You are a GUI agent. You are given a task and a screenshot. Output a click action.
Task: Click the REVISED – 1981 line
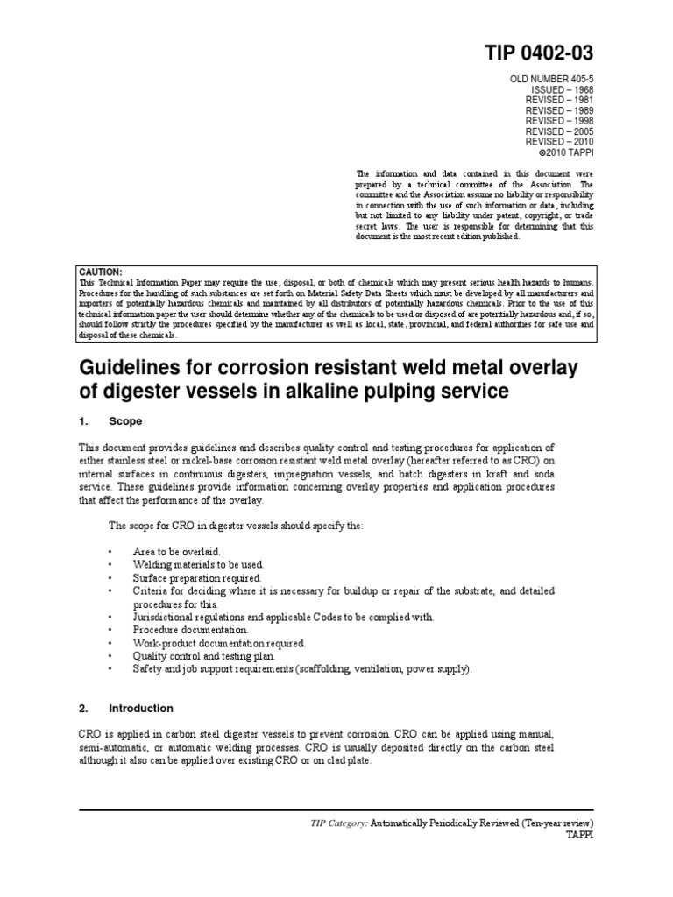click(559, 101)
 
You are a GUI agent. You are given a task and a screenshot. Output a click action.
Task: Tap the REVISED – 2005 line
click(559, 131)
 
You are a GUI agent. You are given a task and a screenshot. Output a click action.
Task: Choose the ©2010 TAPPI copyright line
click(564, 142)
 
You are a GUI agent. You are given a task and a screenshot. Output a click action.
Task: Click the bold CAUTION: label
click(101, 272)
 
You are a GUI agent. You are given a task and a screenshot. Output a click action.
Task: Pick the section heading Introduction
click(141, 708)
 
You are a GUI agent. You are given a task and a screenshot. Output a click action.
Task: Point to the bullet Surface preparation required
click(197, 578)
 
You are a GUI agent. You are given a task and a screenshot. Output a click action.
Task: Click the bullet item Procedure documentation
click(191, 629)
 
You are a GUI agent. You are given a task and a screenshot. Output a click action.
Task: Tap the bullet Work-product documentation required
click(219, 642)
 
